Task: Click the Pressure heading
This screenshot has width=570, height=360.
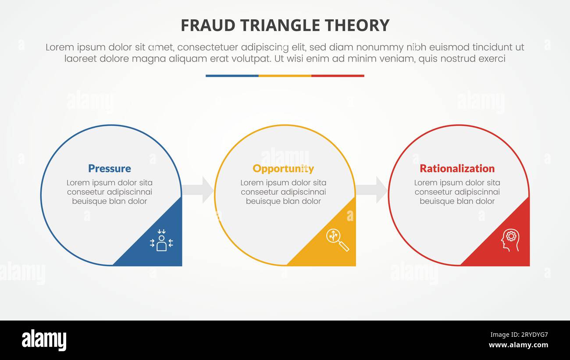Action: tap(109, 168)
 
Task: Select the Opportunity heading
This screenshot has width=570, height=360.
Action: tap(283, 168)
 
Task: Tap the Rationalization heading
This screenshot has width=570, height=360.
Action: tap(457, 168)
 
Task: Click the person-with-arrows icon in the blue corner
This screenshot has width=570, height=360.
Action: tap(161, 240)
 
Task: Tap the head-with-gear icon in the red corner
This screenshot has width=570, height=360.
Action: tap(510, 240)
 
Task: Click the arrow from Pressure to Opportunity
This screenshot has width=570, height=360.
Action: tap(199, 190)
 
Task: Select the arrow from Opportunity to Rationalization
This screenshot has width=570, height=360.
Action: tap(372, 190)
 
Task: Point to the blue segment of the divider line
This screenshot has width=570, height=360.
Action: tap(232, 76)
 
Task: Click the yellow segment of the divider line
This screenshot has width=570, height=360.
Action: tap(285, 76)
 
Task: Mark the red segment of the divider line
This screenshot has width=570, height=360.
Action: tap(338, 76)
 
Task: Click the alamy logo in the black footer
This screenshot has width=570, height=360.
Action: tap(44, 340)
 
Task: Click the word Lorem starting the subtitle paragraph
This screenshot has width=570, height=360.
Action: tap(59, 47)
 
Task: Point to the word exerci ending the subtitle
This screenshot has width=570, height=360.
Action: tap(492, 59)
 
